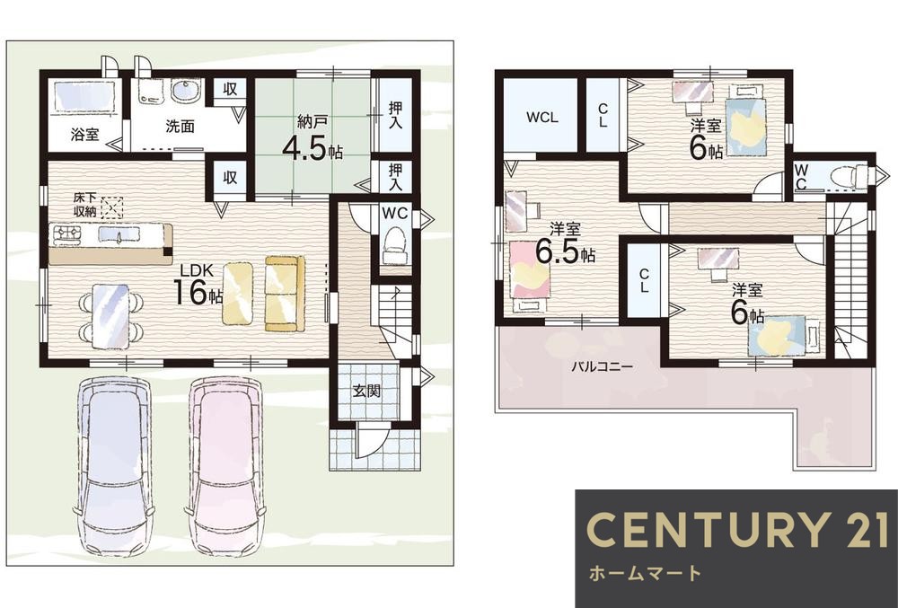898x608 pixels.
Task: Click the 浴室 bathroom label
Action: [85, 135]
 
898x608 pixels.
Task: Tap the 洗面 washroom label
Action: [180, 126]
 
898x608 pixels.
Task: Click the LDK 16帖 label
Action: [198, 285]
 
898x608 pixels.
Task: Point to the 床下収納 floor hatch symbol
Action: [112, 207]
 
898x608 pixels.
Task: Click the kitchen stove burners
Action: [67, 233]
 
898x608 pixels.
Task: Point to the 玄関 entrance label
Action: [366, 392]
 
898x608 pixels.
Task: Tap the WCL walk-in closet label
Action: [542, 118]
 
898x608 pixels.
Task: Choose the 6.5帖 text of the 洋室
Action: [565, 251]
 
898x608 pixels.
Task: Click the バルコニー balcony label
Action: [603, 366]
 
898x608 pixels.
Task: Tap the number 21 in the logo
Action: [860, 530]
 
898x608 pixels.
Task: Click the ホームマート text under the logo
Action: [645, 573]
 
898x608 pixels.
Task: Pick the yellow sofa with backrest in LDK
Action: [285, 293]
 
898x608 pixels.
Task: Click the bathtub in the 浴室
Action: [84, 95]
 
